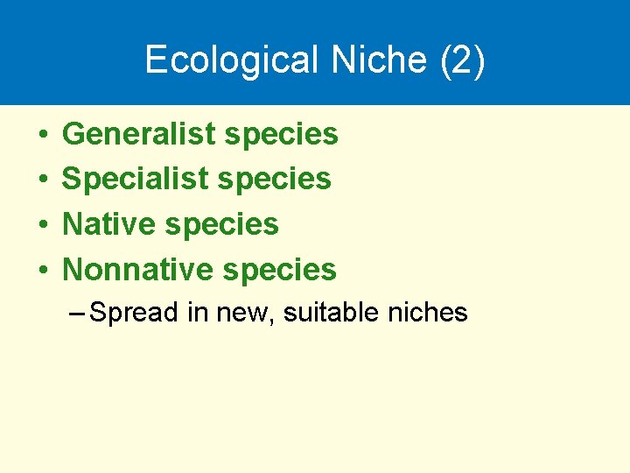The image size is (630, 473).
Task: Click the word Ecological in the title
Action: click(x=231, y=60)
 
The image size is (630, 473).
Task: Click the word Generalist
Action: click(x=138, y=134)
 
